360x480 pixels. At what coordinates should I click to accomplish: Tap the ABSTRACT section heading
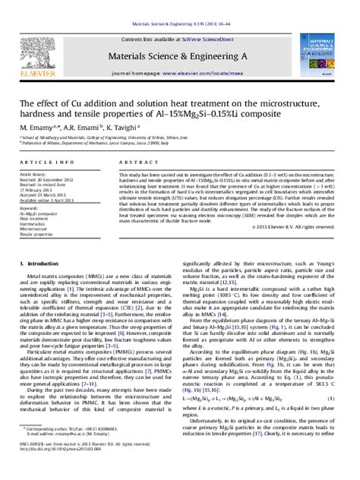pos(134,163)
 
